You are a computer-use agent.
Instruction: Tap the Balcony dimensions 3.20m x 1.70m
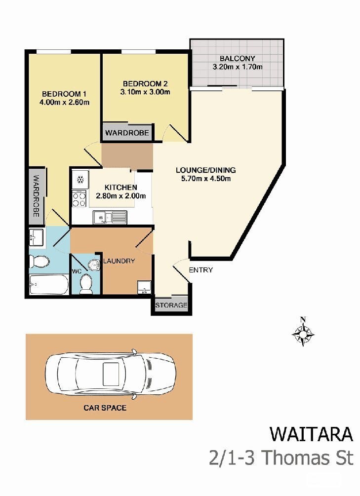[237, 67]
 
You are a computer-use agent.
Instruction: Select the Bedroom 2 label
[145, 84]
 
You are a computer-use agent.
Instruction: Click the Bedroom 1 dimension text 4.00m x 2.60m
[64, 102]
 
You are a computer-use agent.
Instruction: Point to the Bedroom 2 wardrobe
[127, 132]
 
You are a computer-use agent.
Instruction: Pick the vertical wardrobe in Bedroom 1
[36, 196]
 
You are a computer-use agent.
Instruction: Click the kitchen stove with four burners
[79, 199]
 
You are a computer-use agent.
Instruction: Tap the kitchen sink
[110, 217]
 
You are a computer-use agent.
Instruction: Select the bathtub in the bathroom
[49, 284]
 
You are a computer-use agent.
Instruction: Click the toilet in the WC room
[85, 283]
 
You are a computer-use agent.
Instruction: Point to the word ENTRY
[200, 270]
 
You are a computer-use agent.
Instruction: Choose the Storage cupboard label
[171, 305]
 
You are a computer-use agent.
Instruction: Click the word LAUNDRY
[119, 261]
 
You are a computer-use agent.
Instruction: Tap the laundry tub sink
[144, 287]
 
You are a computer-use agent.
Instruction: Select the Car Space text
[105, 408]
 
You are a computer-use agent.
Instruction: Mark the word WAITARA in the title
[311, 434]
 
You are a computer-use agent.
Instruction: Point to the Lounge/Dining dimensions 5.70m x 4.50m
[206, 178]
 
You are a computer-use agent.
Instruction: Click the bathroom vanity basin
[37, 237]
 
